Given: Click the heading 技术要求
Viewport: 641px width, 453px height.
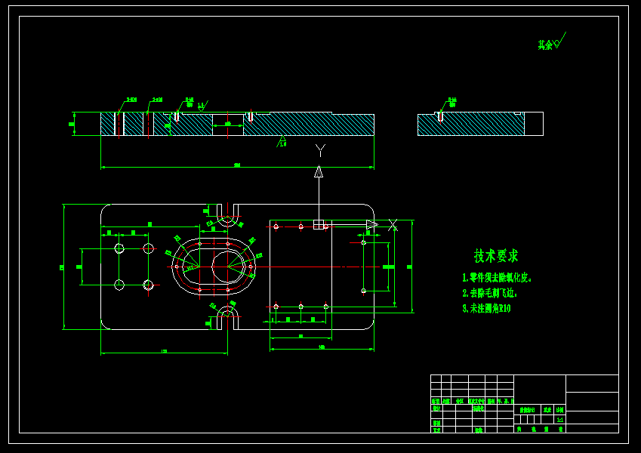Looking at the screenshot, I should pos(496,256).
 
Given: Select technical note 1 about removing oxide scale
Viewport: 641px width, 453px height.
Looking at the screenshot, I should pos(497,278).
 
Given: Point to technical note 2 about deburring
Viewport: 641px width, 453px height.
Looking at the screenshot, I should pos(488,293).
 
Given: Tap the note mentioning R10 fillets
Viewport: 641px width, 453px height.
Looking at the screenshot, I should pos(486,308).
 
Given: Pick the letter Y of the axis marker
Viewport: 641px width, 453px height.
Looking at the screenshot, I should pos(319,149).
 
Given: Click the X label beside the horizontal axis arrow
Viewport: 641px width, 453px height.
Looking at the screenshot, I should pos(392,225).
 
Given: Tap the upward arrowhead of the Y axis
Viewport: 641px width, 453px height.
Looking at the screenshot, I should pos(319,171).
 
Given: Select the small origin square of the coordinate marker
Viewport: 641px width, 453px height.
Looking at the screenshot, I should pos(319,224).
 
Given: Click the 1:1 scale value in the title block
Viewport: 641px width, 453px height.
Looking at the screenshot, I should pos(559,419).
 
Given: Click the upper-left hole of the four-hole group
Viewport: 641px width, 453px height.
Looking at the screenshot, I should pos(119,248).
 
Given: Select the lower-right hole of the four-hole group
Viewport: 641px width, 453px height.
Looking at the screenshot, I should pos(148,285).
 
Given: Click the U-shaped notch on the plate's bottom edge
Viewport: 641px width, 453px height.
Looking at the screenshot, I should pos(227,320).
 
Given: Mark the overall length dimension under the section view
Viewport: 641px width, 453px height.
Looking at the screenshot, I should pos(237,165).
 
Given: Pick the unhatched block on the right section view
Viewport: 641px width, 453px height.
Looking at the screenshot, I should pos(534,124).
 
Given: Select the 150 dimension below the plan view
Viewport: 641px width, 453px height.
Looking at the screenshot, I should pos(164,351).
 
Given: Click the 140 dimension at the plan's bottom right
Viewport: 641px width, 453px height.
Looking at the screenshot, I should pos(322,347).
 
